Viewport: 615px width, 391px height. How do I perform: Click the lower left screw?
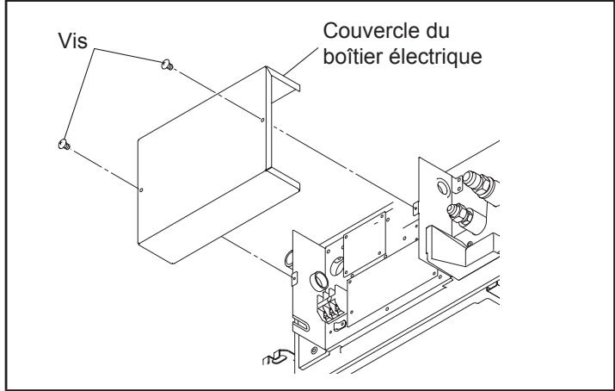coord(63,144)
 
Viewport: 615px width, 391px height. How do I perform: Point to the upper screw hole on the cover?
coord(262,121)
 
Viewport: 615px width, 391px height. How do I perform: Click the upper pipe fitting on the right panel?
coord(472,182)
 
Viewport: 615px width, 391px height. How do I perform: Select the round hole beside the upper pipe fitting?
coord(442,184)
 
